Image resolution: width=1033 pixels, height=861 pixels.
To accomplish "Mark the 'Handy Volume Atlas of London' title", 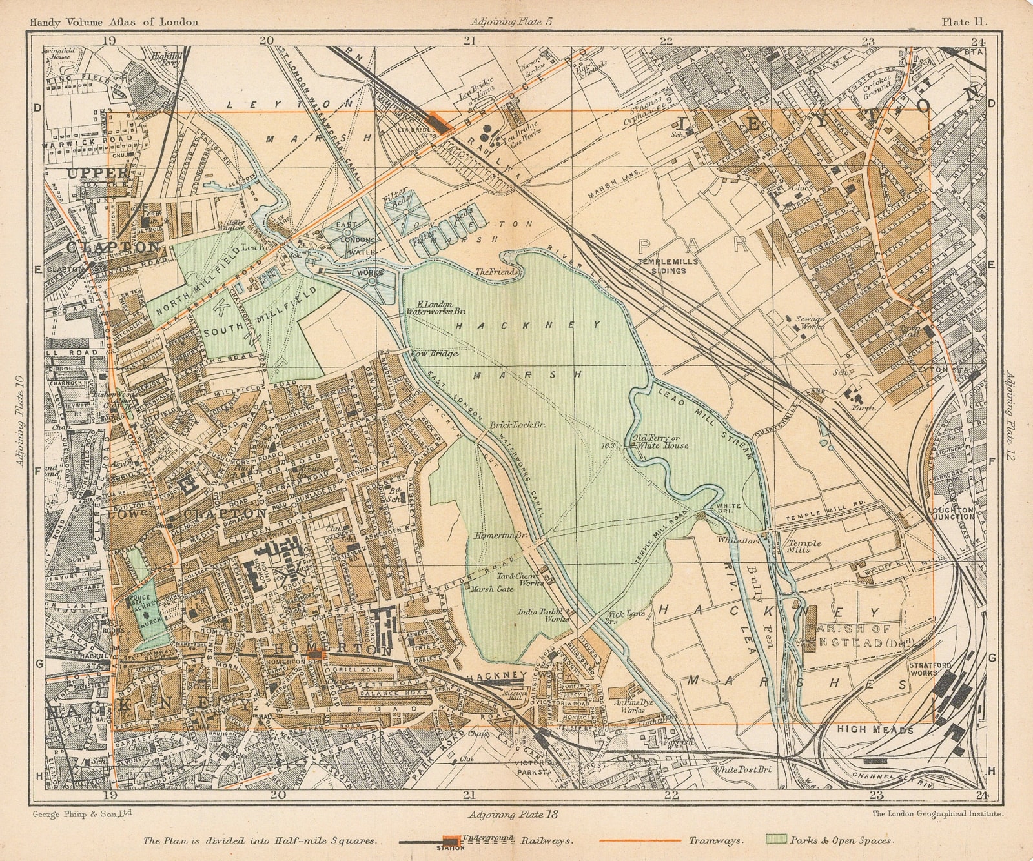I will click(104, 21).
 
